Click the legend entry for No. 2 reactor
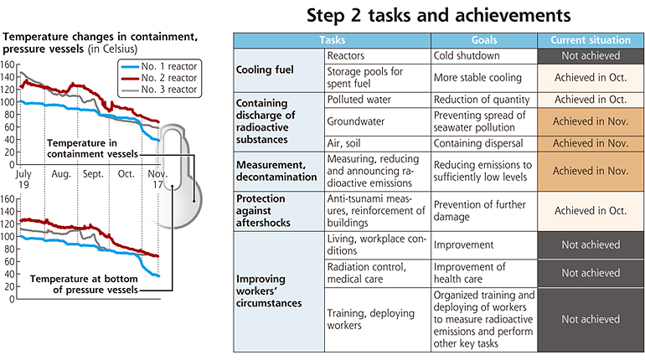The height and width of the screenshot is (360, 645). [x=160, y=78]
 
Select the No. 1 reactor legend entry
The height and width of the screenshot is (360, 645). [x=160, y=66]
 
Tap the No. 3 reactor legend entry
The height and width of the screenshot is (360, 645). [x=160, y=90]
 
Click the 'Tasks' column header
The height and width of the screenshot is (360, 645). [x=333, y=40]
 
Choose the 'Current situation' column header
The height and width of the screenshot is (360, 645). [x=591, y=40]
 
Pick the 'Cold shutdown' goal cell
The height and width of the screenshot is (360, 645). [x=484, y=56]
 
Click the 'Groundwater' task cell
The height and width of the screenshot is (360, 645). [x=378, y=121]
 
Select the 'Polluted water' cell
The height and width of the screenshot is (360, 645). [x=378, y=100]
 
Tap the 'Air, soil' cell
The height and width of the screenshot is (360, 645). [x=378, y=143]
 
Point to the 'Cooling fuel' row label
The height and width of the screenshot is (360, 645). [x=279, y=70]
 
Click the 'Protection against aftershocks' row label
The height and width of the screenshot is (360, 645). [x=279, y=211]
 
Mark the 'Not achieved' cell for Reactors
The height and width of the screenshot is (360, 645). [x=591, y=56]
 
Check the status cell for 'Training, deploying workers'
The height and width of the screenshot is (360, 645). [x=591, y=319]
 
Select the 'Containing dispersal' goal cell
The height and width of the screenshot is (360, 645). [x=484, y=143]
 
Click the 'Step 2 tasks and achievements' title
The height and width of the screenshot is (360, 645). [x=438, y=16]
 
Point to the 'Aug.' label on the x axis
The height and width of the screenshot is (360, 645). [x=61, y=174]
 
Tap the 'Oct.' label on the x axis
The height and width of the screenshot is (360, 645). [x=126, y=174]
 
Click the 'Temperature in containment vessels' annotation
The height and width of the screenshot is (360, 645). [x=92, y=148]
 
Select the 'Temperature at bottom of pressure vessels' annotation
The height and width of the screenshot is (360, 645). [x=84, y=284]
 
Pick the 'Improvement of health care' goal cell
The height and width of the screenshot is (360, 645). [x=484, y=273]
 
